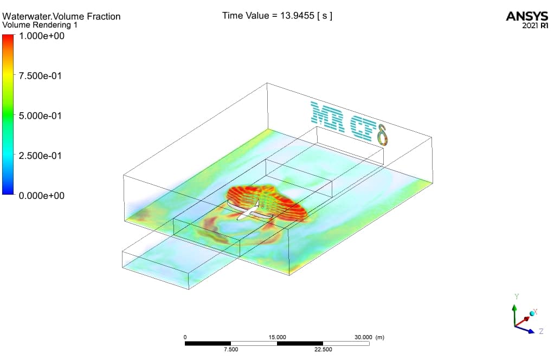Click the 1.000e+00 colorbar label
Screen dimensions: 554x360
pyautogui.click(x=42, y=36)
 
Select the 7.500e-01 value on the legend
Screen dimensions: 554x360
pyautogui.click(x=40, y=76)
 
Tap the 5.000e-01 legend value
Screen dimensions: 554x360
pyautogui.click(x=40, y=116)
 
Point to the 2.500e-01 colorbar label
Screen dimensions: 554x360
pyautogui.click(x=40, y=156)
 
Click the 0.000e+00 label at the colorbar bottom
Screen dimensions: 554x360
pyautogui.click(x=42, y=196)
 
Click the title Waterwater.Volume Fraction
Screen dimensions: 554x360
pyautogui.click(x=61, y=17)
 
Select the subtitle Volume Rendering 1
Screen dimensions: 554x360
pyautogui.click(x=40, y=25)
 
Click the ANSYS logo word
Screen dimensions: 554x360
pyautogui.click(x=527, y=16)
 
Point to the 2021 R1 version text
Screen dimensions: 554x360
pyautogui.click(x=535, y=25)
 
